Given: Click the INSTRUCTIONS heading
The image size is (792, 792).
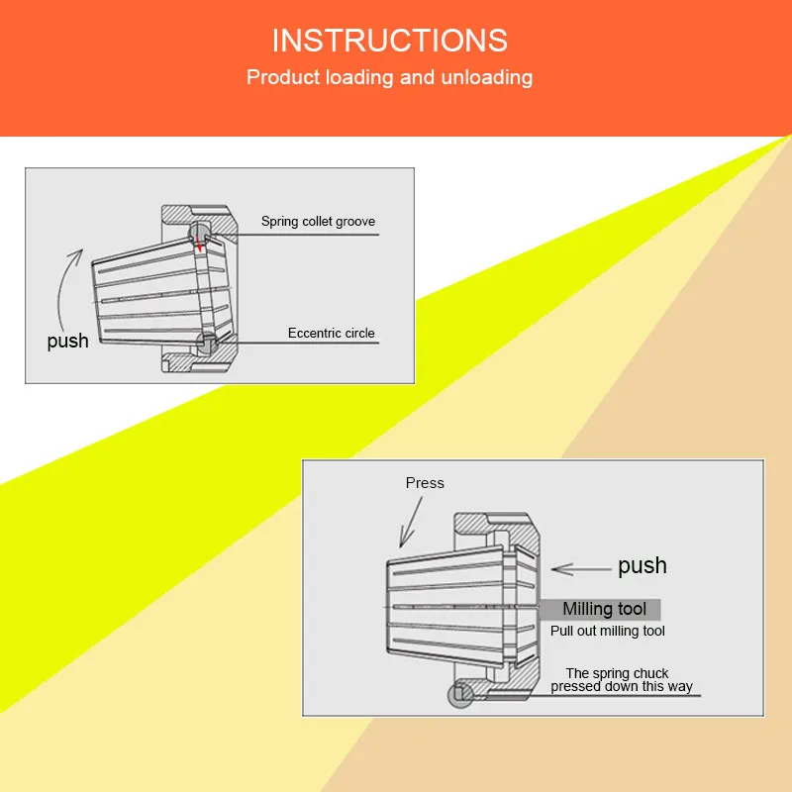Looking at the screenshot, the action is point(389,41).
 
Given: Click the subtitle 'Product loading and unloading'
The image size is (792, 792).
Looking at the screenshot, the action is point(389,77).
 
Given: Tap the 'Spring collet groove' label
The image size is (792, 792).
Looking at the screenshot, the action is point(318,222).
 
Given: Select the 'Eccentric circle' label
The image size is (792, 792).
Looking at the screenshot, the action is point(332,334).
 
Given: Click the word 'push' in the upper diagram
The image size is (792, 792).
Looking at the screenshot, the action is point(67,342).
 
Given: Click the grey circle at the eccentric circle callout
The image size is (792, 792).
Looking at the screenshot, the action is point(207,344).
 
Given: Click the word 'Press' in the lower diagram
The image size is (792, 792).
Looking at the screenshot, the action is point(425,483).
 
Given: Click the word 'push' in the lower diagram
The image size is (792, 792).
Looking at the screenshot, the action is point(642,566).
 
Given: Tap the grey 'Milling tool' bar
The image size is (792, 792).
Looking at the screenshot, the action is point(600,609).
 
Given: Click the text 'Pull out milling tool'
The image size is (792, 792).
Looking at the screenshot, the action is point(607,631).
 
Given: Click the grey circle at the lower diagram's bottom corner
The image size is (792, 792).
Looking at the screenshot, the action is point(459,695).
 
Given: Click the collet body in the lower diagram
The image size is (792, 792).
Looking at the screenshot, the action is point(445,605).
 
